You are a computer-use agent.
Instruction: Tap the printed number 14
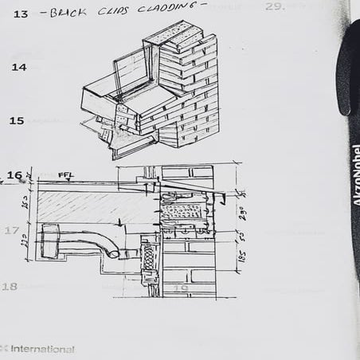[18, 68]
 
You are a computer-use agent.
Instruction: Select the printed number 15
[17, 121]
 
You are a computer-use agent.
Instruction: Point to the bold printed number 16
[14, 175]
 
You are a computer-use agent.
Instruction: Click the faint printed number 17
[11, 231]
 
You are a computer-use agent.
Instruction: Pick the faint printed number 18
[10, 286]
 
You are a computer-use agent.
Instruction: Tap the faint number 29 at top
[275, 6]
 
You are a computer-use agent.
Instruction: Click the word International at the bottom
[42, 349]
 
